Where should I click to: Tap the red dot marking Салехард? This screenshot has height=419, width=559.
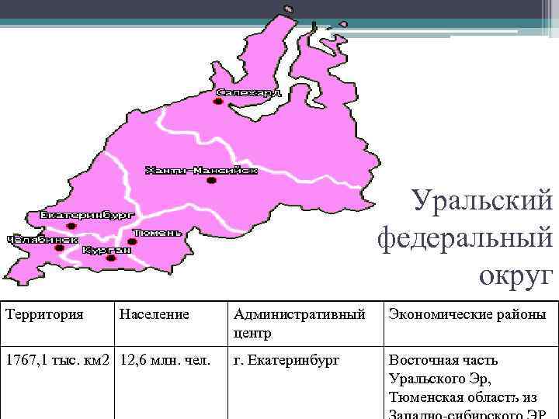(x=218, y=102)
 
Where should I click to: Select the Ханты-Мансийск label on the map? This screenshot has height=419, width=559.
(x=201, y=171)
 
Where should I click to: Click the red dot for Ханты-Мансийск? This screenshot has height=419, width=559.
(x=211, y=181)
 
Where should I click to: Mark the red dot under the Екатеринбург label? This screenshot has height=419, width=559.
(x=71, y=227)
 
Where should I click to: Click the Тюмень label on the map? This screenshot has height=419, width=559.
(x=158, y=232)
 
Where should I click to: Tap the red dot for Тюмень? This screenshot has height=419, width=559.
(x=132, y=242)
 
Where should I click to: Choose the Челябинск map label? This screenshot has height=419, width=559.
(x=43, y=240)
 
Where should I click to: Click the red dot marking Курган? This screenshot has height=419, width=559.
(x=111, y=258)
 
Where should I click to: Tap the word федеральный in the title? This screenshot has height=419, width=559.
(x=465, y=237)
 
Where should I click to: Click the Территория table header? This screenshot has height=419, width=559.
(x=44, y=314)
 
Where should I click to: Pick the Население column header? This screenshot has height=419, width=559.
(x=154, y=314)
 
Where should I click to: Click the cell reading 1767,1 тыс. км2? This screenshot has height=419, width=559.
(x=56, y=361)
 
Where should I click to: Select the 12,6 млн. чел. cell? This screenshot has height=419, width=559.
(x=165, y=361)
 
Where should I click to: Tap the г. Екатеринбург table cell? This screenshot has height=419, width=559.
(x=286, y=361)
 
